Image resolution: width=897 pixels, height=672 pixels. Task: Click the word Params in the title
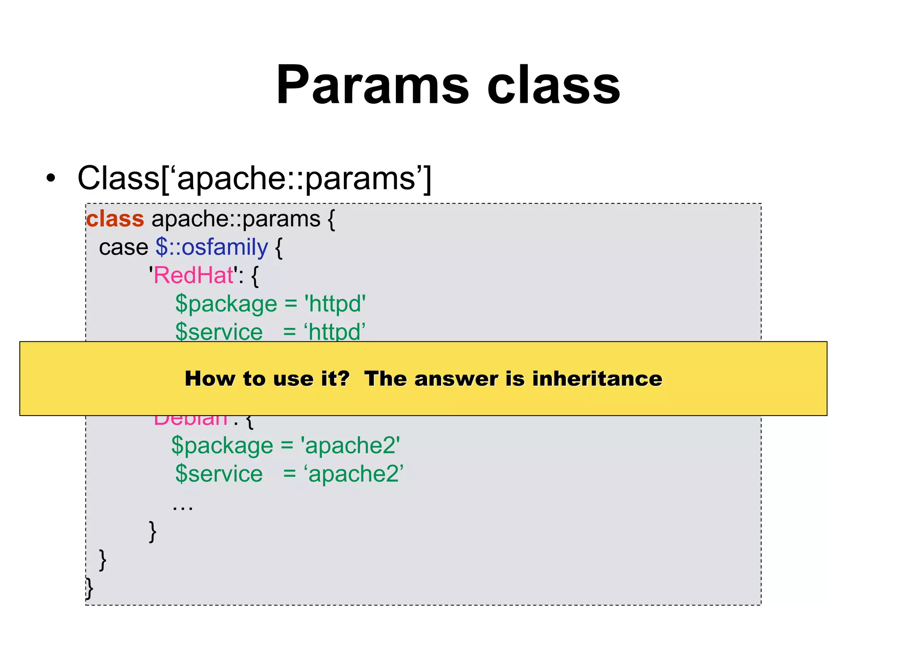(x=373, y=85)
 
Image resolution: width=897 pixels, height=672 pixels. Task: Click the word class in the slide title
(x=554, y=85)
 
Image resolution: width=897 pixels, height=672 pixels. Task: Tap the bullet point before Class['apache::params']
(x=51, y=178)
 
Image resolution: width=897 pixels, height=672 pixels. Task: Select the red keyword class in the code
(x=115, y=219)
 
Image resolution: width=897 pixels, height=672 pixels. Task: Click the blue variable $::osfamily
(x=212, y=247)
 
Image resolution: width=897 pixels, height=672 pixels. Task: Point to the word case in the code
(x=124, y=248)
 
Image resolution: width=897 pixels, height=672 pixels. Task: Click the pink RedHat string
(x=194, y=276)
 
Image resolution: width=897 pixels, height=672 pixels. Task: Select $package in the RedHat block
(x=226, y=304)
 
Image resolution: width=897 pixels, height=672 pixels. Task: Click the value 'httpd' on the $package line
(x=335, y=304)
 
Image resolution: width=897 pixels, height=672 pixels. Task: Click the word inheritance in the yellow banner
(x=597, y=378)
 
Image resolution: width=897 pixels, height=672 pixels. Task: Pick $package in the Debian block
(x=222, y=446)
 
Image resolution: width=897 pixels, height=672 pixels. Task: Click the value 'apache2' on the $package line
(x=350, y=446)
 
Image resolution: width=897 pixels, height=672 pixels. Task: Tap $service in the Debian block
(x=219, y=474)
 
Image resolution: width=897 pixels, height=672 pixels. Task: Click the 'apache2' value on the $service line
(x=353, y=474)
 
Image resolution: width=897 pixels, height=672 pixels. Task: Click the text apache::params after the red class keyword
(x=236, y=219)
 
